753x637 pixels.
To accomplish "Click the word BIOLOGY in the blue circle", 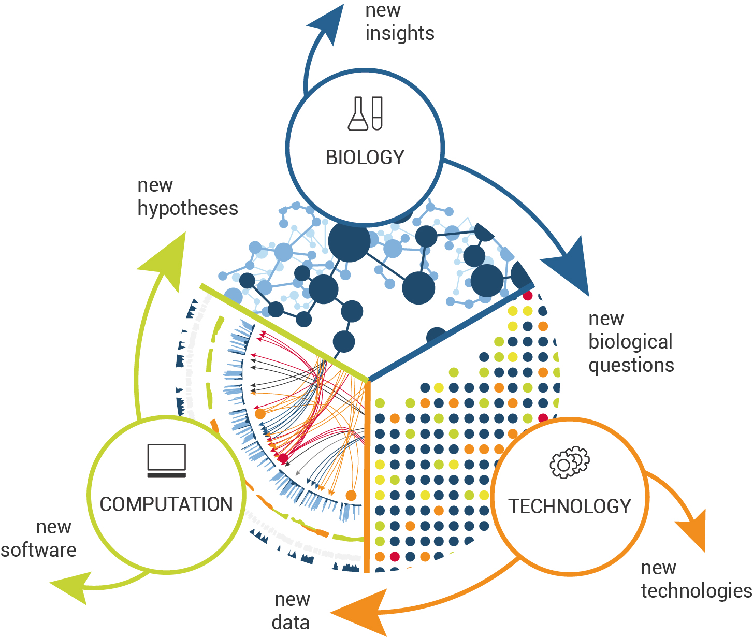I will (365, 157).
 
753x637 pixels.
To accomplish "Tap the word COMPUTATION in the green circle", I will (166, 504).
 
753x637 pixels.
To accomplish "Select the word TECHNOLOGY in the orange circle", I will (570, 506).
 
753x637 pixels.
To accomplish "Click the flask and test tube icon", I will (365, 113).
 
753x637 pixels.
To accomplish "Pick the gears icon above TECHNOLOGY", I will (570, 462).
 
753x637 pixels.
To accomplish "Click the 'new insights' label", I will (399, 22).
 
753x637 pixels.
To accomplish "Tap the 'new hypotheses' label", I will (187, 197).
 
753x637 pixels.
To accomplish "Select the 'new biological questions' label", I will (631, 342).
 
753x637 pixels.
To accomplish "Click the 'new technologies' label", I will (696, 580).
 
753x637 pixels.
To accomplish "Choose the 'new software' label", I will (39, 539).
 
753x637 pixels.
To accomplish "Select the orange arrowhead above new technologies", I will (694, 531).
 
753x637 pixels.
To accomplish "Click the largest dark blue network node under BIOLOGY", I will (350, 241).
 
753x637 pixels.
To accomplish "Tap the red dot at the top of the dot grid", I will (528, 296).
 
